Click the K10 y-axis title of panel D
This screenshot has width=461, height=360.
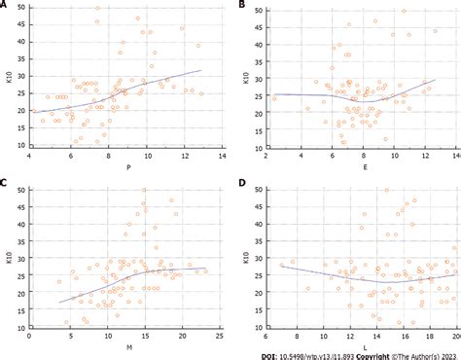[x=246, y=255]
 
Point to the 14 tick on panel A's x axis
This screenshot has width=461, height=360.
[x=222, y=156]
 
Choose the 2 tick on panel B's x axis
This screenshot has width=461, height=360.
[x=266, y=156]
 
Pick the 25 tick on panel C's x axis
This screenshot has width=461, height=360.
[x=220, y=332]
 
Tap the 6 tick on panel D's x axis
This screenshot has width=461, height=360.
[x=266, y=332]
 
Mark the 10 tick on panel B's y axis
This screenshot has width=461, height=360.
[x=258, y=145]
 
